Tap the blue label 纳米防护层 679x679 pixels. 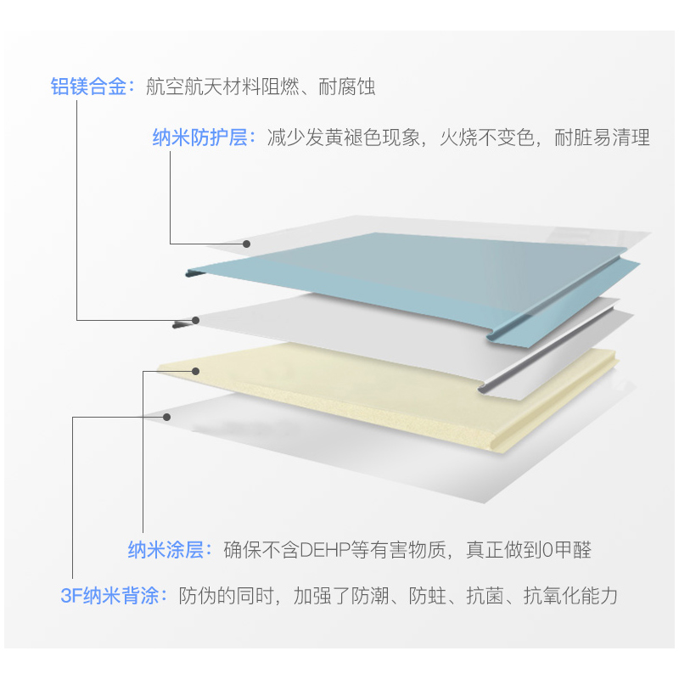(199, 137)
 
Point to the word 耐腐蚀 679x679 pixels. (347, 87)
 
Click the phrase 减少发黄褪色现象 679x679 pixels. (345, 137)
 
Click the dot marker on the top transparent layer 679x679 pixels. (247, 244)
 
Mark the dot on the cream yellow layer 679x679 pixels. (196, 370)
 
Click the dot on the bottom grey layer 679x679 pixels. (171, 416)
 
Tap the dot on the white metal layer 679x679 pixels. (196, 320)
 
